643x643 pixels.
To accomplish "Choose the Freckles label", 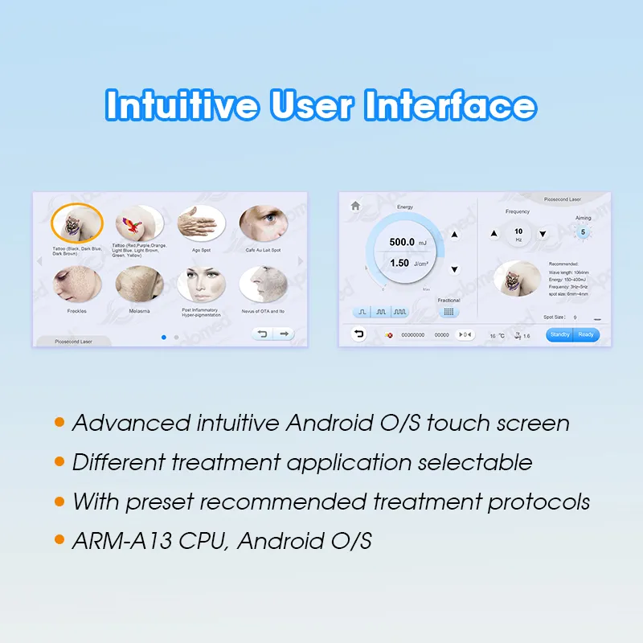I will coord(77,311).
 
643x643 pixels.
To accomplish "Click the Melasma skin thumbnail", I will coord(139,284).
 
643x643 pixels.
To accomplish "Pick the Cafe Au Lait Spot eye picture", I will coord(263,223).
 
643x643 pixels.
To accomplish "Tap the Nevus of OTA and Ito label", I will coord(263,311).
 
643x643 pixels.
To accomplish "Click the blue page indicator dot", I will coord(164,337).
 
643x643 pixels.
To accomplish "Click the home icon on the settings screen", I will coord(355,206).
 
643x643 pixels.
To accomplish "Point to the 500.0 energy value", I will coord(401,242).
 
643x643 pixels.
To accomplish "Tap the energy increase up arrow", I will coord(454,235).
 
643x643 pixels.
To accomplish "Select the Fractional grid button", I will coord(448,312).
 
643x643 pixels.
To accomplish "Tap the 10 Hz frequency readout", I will coord(518,234).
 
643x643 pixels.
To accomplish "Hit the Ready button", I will coord(586,334).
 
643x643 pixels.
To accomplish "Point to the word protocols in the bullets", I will coord(539,502).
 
